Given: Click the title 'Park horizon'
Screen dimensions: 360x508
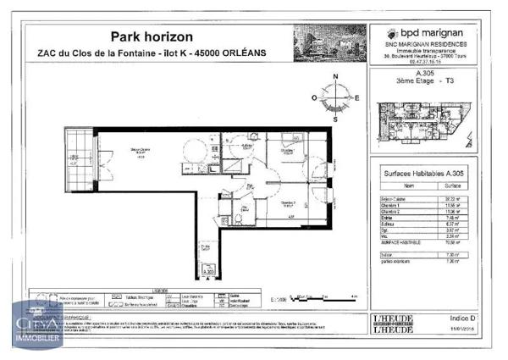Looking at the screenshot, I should [x=152, y=36].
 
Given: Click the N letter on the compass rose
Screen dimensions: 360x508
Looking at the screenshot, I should [x=335, y=77].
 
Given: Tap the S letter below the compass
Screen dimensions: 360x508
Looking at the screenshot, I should [x=336, y=119].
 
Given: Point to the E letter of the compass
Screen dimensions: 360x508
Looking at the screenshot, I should [x=357, y=98].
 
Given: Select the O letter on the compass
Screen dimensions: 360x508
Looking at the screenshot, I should [x=314, y=98].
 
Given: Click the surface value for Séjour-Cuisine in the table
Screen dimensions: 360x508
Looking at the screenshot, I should [x=453, y=198].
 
